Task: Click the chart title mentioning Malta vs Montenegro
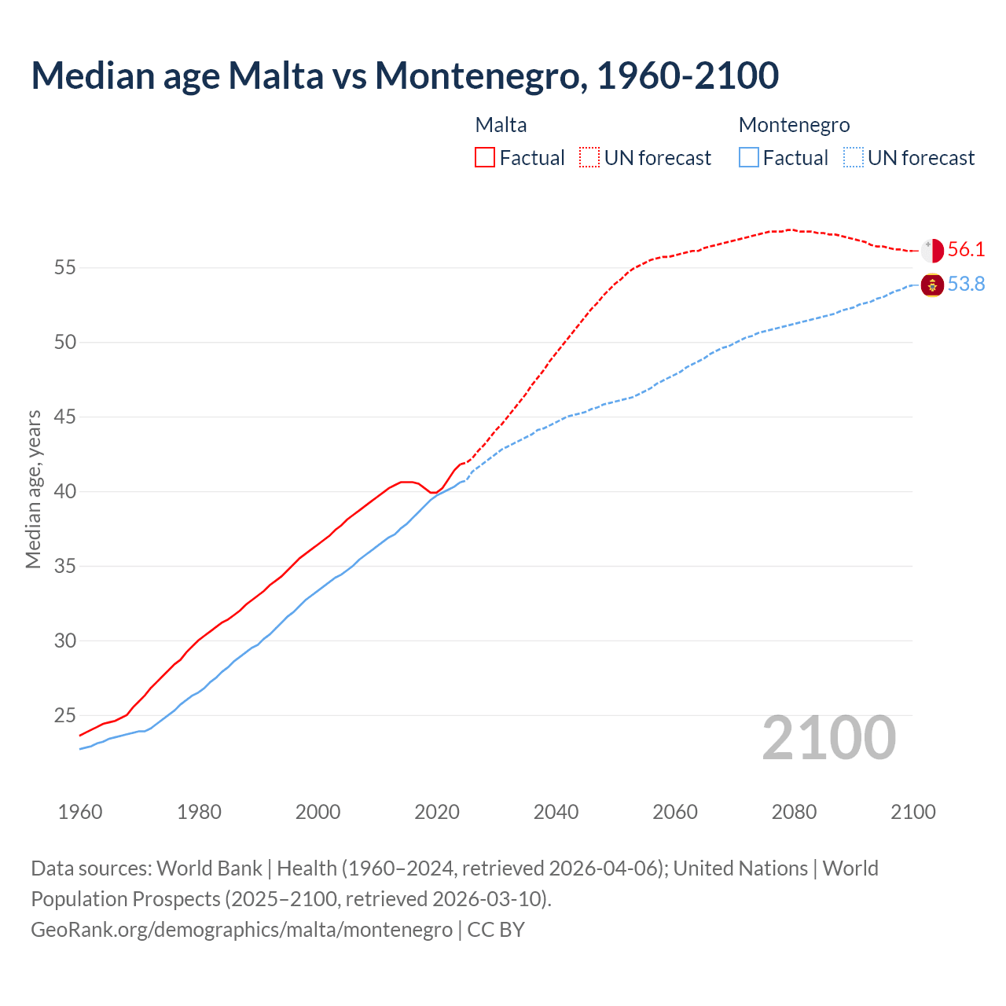tap(405, 75)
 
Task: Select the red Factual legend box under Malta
tap(485, 157)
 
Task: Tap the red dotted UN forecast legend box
tap(589, 157)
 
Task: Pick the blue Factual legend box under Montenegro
tap(749, 157)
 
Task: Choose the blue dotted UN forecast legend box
tap(854, 157)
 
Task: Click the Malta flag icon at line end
tap(932, 250)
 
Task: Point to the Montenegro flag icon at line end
tap(932, 285)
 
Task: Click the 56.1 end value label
tap(966, 250)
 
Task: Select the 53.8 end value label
tap(966, 285)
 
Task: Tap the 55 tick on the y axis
tap(64, 268)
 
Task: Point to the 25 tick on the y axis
tap(64, 716)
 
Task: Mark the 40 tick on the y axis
tap(64, 492)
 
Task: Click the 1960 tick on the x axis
tap(80, 812)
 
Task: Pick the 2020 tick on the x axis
tap(437, 812)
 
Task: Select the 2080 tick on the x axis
tap(794, 812)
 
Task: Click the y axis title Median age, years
tap(33, 489)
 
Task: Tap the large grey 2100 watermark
tap(828, 738)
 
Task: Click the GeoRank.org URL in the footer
tap(241, 930)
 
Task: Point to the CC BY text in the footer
tap(496, 930)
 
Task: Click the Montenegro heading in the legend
tap(794, 125)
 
